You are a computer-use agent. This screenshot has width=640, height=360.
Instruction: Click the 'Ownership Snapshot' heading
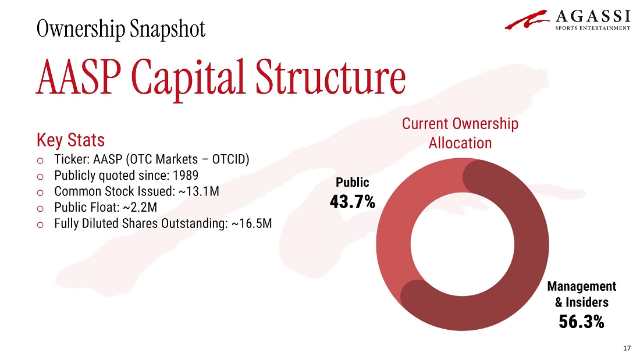(x=121, y=29)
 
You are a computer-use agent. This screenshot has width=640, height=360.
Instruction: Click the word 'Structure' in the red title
(x=330, y=77)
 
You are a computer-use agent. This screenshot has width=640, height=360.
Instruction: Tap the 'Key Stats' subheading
(x=70, y=140)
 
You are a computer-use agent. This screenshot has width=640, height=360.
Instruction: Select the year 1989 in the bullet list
(x=185, y=175)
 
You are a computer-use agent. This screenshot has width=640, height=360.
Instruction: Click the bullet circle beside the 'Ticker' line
(x=40, y=161)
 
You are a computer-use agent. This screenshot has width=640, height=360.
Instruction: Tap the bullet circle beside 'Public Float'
(x=40, y=209)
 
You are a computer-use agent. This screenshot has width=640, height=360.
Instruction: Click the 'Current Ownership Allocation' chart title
(x=460, y=133)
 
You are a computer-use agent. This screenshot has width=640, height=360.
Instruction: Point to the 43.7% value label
(x=352, y=202)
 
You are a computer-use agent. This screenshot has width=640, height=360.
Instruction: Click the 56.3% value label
(x=581, y=322)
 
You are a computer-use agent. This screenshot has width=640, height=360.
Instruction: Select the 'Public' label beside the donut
(x=352, y=182)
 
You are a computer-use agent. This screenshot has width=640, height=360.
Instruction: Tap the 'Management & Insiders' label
(x=582, y=294)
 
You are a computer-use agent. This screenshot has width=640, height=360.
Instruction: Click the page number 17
(x=627, y=348)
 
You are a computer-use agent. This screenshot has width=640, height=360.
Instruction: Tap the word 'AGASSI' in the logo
(x=593, y=16)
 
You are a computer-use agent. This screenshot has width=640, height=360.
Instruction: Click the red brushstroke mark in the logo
(x=527, y=19)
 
